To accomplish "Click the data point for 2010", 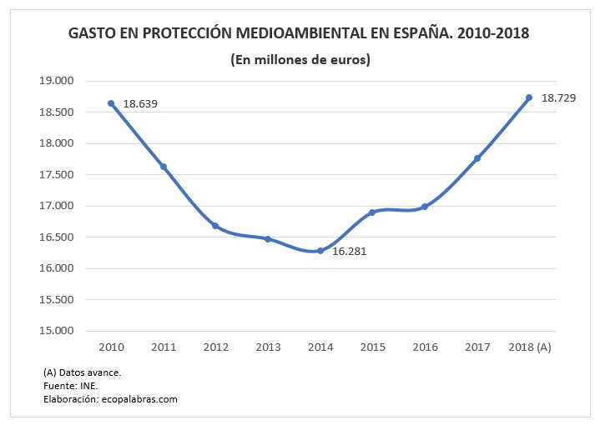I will tap(111, 103).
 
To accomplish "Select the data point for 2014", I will tap(320, 251).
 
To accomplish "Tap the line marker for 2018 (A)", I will tap(529, 97).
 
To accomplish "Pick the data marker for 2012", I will tap(215, 226).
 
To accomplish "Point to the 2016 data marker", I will tap(425, 207).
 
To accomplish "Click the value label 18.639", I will tap(140, 104).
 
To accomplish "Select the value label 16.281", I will tap(349, 251).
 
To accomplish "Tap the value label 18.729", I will tap(558, 98).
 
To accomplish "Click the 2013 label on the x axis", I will tap(268, 347).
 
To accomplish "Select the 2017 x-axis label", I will tap(477, 347).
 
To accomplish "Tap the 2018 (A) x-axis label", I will tap(529, 347).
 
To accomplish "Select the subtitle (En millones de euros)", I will tap(300, 60).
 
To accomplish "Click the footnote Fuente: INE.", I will tap(64, 386).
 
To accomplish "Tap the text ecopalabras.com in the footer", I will tap(139, 400).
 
